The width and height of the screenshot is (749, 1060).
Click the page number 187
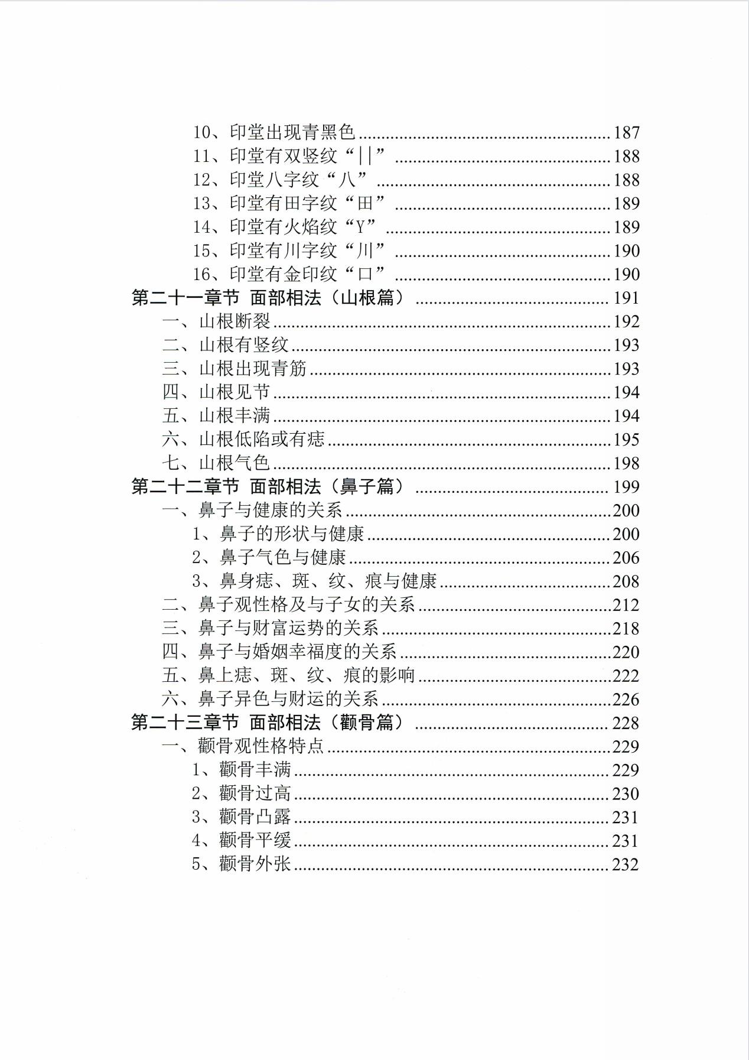[x=627, y=133]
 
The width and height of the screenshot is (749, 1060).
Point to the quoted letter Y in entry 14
[x=361, y=227]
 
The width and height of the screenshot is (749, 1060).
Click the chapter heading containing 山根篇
[x=269, y=298]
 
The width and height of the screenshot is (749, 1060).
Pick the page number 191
[x=627, y=298]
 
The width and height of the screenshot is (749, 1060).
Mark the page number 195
[x=627, y=440]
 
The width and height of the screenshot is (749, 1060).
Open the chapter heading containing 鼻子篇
[x=269, y=487]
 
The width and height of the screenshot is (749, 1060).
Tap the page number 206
[x=627, y=558]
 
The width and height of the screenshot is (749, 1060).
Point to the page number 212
[x=627, y=606]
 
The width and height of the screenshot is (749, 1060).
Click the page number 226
[x=627, y=700]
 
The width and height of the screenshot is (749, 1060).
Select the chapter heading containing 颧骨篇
[x=269, y=723]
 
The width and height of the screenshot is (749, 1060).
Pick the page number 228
[x=627, y=723]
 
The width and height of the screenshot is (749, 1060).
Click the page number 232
[x=626, y=865]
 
